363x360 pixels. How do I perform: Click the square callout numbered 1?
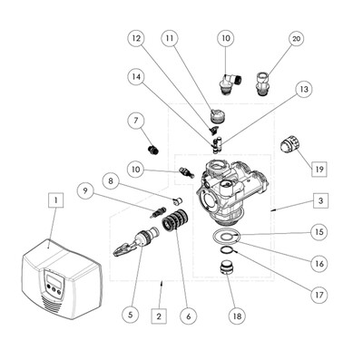[x=56, y=200]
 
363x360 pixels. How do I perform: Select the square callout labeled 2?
[x=159, y=316]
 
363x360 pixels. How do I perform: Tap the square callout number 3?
[x=320, y=200]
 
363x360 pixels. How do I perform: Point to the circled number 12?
[x=136, y=38]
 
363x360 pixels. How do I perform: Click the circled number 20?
[x=297, y=39]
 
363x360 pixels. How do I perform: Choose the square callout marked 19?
[x=319, y=170]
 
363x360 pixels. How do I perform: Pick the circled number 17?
[x=319, y=295]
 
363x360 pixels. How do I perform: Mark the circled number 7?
[x=136, y=121]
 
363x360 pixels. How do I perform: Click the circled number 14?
[x=136, y=77]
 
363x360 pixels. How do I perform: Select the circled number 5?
[x=131, y=315]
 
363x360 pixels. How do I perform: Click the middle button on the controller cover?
[x=54, y=289]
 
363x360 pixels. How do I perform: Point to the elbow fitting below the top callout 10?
[x=230, y=83]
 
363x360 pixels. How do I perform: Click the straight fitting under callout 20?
[x=262, y=83]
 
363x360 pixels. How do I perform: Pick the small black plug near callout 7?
[x=152, y=149]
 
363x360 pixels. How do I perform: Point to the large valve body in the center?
[x=231, y=192]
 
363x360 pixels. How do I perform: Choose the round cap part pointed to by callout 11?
[x=217, y=116]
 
